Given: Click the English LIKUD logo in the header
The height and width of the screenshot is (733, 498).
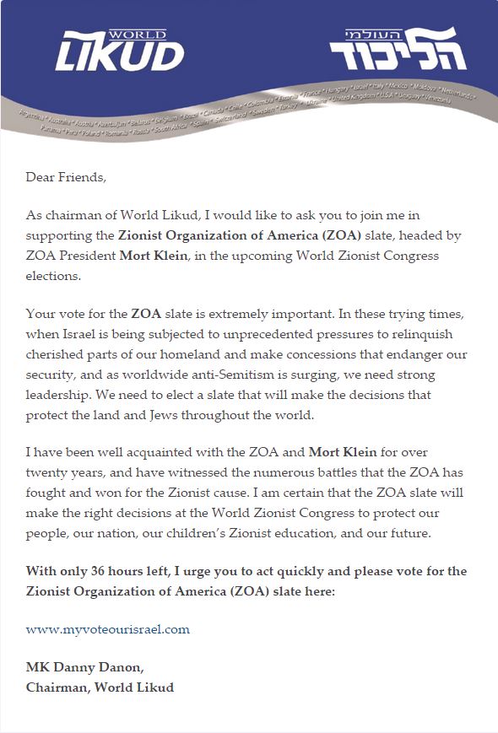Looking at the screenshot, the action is pyautogui.click(x=120, y=56).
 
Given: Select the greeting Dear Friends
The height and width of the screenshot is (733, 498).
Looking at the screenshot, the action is pyautogui.click(x=67, y=177).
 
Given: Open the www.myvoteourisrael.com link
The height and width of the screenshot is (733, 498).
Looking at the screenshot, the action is pyautogui.click(x=108, y=629).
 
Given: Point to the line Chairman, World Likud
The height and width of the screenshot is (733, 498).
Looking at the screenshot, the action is pyautogui.click(x=100, y=687).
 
